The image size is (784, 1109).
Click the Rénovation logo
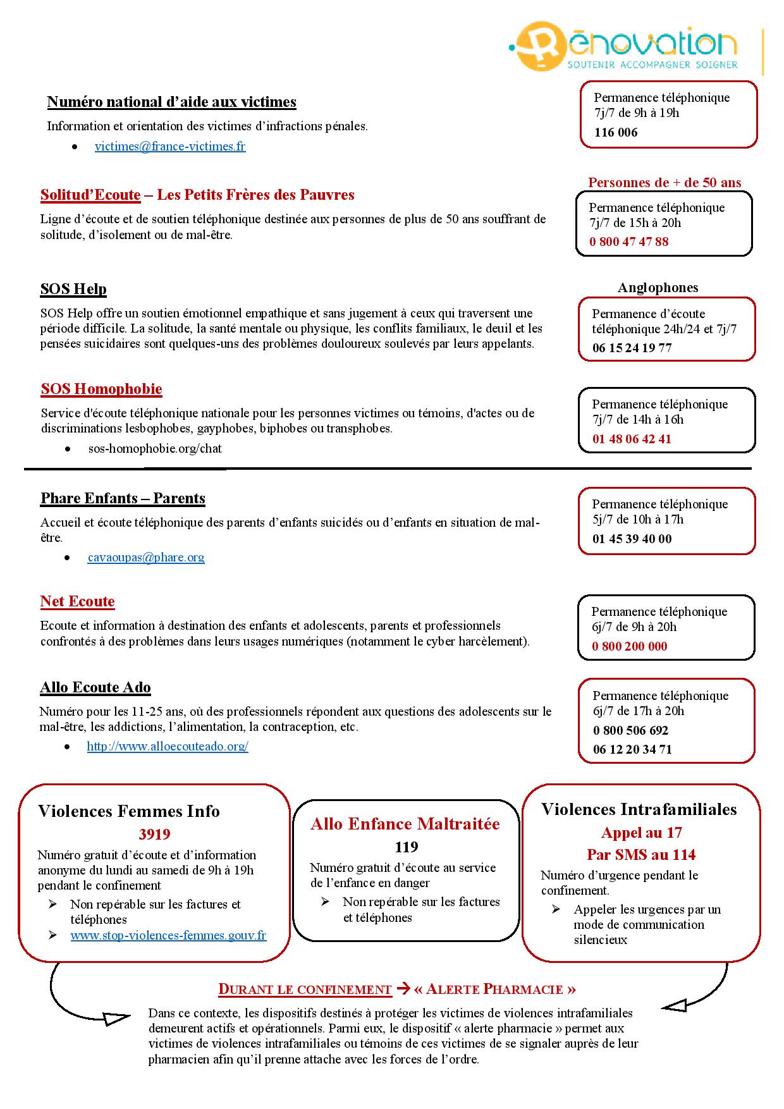pos(623,46)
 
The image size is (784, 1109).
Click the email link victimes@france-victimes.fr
pos(170,147)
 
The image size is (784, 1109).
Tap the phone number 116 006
pos(616,133)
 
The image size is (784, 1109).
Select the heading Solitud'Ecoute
pos(90,195)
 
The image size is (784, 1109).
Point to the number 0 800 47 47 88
pos(628,242)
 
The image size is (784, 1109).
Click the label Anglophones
pos(658,288)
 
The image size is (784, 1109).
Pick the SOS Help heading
pos(73,290)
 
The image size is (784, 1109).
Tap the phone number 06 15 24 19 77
pos(632,348)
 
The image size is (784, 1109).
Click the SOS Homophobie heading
pos(101,389)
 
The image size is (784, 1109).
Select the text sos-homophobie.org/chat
pos(155,449)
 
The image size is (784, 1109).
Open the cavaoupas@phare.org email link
pos(146,558)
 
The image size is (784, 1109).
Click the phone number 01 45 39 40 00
pos(632,539)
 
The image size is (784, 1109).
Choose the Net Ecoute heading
pos(77,602)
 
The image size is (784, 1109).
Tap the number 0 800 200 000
pos(629,647)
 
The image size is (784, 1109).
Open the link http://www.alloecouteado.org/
pos(168,747)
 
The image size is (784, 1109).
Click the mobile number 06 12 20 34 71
pos(632,750)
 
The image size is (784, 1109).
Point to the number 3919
pos(154,835)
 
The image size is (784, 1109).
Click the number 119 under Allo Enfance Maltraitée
pos(407,847)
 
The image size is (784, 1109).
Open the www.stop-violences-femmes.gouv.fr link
pos(168,936)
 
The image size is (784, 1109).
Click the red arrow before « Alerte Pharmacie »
pos(403,989)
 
